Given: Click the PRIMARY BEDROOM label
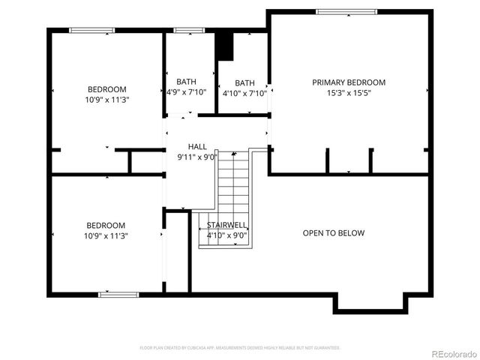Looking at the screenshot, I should click(349, 82).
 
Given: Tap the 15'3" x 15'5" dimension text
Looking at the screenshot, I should click(349, 93).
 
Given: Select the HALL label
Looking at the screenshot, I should click(197, 147).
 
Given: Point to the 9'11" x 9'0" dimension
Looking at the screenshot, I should click(197, 157).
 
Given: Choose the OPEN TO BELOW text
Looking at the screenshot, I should click(334, 233).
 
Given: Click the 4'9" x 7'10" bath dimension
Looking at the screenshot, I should click(187, 93).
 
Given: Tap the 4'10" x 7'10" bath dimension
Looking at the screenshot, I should click(244, 94).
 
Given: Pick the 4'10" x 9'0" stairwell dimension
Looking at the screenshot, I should click(227, 235).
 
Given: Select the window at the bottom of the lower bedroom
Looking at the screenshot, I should click(118, 294).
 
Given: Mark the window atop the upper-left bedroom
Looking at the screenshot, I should click(91, 30).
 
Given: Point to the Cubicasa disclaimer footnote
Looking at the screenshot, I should click(240, 348).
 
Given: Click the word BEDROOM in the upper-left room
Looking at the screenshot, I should click(106, 89).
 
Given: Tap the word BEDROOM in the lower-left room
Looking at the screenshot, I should click(106, 225).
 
